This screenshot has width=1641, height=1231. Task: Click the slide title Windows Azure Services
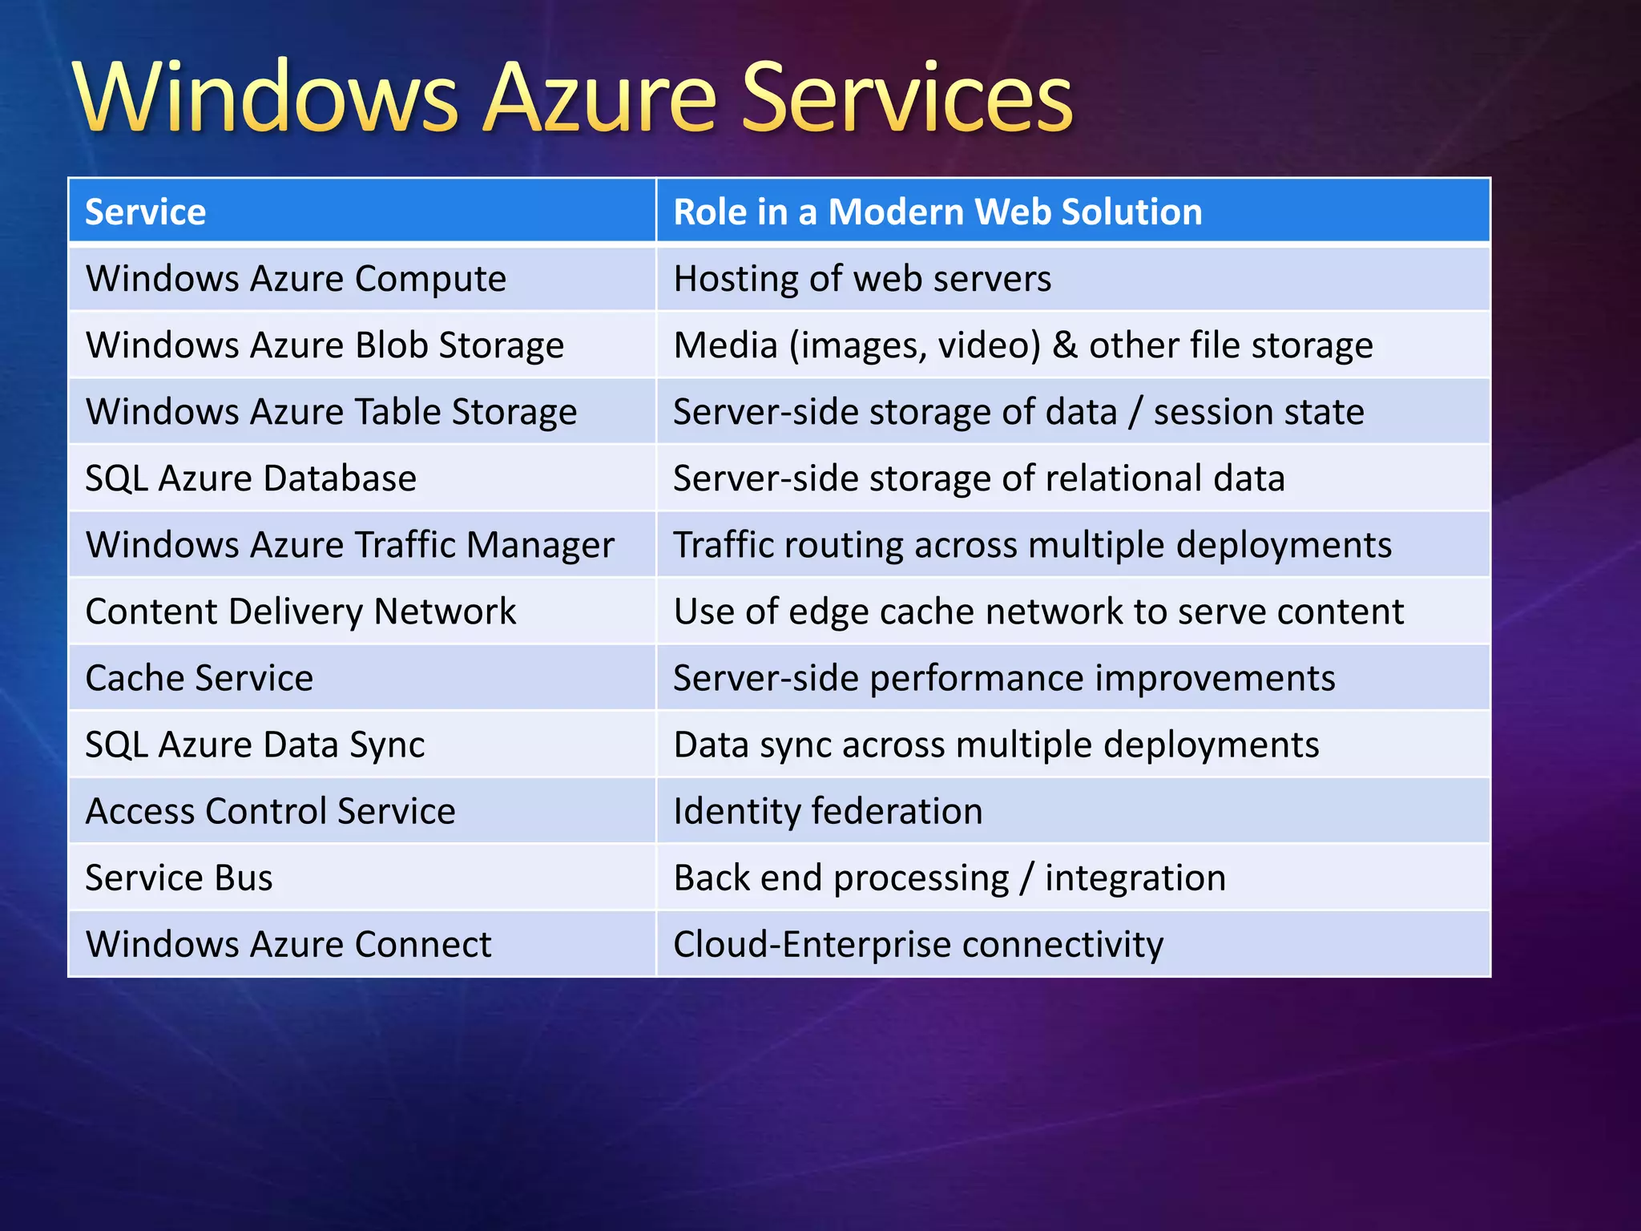pos(572,98)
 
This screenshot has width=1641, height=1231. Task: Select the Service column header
pos(146,212)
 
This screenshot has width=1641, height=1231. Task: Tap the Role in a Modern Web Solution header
pos(937,212)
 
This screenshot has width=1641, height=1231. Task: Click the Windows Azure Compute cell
pos(296,279)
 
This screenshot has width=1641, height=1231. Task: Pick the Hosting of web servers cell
pos(862,279)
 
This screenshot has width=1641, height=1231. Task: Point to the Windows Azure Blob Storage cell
pos(325,345)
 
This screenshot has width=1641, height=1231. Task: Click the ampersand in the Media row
pos(1064,345)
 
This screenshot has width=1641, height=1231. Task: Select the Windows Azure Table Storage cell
pos(331,412)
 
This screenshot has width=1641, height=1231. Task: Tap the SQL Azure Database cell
pos(251,478)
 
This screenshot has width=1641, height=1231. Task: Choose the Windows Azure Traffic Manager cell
pos(349,545)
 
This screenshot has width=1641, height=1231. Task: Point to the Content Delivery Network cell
pos(300,611)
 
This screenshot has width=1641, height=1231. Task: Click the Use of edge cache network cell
pos(1038,611)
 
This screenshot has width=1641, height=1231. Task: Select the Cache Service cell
pos(200,678)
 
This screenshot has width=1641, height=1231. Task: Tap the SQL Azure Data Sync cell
pos(255,745)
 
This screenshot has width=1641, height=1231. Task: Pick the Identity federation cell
pos(828,811)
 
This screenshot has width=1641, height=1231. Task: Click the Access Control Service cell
pos(270,811)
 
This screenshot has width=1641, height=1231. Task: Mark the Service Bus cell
pos(179,878)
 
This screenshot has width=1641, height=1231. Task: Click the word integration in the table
pos(1135,878)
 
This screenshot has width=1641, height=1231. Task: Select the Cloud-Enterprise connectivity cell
pos(918,944)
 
